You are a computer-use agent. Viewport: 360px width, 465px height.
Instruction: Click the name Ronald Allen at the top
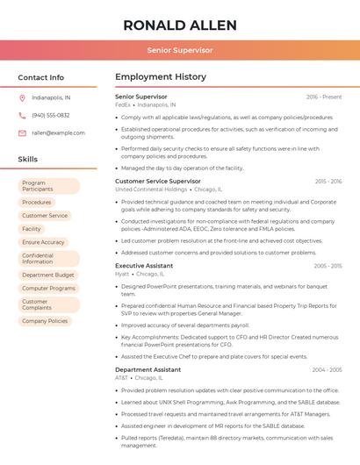(179, 25)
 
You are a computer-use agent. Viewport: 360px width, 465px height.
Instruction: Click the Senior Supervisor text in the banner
(179, 50)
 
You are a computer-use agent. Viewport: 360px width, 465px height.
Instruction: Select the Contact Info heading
(40, 77)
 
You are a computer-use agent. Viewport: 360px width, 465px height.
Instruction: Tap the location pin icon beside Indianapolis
(22, 97)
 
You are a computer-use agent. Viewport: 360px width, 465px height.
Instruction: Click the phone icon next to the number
(22, 115)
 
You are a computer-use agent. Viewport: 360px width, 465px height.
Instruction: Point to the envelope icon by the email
(22, 133)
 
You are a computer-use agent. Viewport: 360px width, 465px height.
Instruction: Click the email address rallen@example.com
(58, 133)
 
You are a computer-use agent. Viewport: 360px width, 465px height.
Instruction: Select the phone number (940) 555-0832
(50, 115)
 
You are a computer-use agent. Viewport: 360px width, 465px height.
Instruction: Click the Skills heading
(27, 160)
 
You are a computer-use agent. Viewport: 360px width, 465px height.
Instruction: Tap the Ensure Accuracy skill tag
(43, 242)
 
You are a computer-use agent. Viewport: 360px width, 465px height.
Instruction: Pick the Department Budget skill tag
(47, 275)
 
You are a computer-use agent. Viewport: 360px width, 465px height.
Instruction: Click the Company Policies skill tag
(45, 321)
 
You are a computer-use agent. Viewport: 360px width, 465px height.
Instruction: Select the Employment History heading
(160, 77)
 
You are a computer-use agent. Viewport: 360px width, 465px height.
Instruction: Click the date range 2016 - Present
(324, 97)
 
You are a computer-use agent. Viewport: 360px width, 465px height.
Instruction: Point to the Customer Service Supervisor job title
(157, 182)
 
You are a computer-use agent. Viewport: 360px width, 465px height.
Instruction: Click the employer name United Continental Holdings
(151, 190)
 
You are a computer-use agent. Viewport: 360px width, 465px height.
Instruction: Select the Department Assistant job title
(148, 370)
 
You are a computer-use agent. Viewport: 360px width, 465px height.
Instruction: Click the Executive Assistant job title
(144, 266)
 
